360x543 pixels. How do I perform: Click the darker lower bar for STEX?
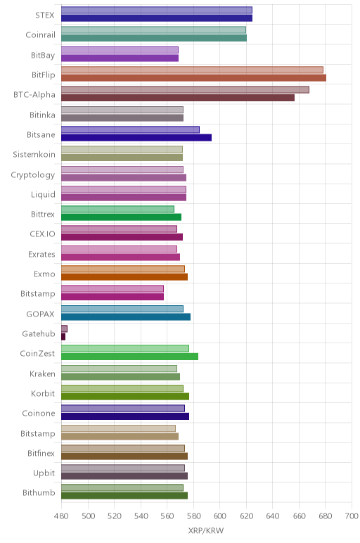(157, 18)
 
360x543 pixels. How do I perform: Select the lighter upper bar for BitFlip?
(192, 70)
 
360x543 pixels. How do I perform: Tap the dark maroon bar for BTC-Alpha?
(178, 98)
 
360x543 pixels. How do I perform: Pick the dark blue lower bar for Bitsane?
(136, 137)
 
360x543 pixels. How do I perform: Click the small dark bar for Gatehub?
(63, 337)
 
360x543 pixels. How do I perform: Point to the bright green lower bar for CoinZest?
(130, 357)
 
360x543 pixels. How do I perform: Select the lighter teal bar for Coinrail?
(154, 30)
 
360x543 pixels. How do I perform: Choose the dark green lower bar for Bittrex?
(121, 217)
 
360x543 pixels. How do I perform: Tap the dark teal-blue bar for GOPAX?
(126, 317)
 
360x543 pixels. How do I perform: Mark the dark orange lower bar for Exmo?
(124, 276)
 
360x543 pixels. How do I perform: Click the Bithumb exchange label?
(39, 492)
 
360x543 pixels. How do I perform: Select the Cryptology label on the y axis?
(33, 175)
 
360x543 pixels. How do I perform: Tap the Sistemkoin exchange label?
(34, 154)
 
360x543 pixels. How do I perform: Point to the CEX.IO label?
(42, 234)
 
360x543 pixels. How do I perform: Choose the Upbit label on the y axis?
(44, 473)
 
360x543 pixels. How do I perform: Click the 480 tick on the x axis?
(61, 516)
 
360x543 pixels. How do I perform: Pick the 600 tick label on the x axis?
(220, 516)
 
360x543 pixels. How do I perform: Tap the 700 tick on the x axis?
(352, 516)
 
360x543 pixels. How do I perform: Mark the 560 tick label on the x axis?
(167, 516)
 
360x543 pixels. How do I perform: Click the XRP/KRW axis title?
(206, 530)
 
